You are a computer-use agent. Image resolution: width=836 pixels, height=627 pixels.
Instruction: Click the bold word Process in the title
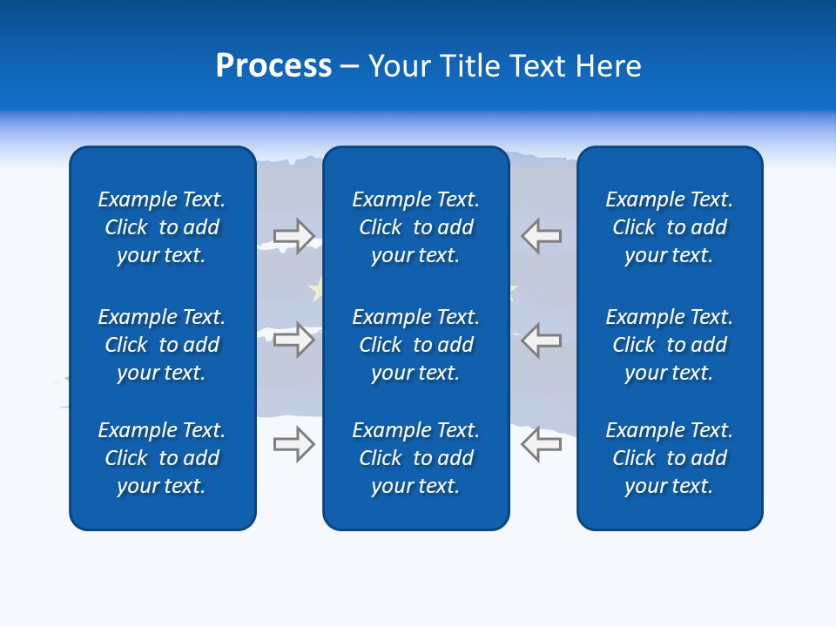point(273,66)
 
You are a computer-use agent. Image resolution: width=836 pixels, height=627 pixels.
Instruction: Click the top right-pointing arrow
point(294,236)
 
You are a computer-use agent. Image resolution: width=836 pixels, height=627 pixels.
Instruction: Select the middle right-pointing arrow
point(294,340)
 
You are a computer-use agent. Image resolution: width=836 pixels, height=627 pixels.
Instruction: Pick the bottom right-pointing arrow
point(294,444)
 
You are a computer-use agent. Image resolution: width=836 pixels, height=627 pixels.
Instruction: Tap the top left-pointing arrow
point(542,236)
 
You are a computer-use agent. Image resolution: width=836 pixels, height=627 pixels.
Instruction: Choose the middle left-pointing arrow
point(542,340)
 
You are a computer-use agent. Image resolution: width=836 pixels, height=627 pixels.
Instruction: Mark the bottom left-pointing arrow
point(542,444)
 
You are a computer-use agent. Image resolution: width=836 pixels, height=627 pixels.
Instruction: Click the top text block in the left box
point(162,227)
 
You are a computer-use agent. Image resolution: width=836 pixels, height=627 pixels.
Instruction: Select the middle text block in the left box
point(162,345)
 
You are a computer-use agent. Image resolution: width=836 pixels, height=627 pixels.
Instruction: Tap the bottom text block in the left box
point(162,458)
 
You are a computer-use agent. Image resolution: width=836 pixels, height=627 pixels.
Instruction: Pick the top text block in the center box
point(415,227)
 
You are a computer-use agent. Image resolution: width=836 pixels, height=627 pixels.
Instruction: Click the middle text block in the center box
point(415,345)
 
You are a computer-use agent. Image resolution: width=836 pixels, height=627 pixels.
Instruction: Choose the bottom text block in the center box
point(415,458)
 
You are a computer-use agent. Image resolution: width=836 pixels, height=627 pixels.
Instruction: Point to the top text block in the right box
point(670,227)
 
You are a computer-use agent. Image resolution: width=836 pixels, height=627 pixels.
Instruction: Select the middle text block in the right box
point(670,345)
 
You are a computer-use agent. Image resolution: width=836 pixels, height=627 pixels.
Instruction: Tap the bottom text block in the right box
point(670,458)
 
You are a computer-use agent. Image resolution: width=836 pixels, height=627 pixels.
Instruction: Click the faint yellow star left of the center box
point(315,288)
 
